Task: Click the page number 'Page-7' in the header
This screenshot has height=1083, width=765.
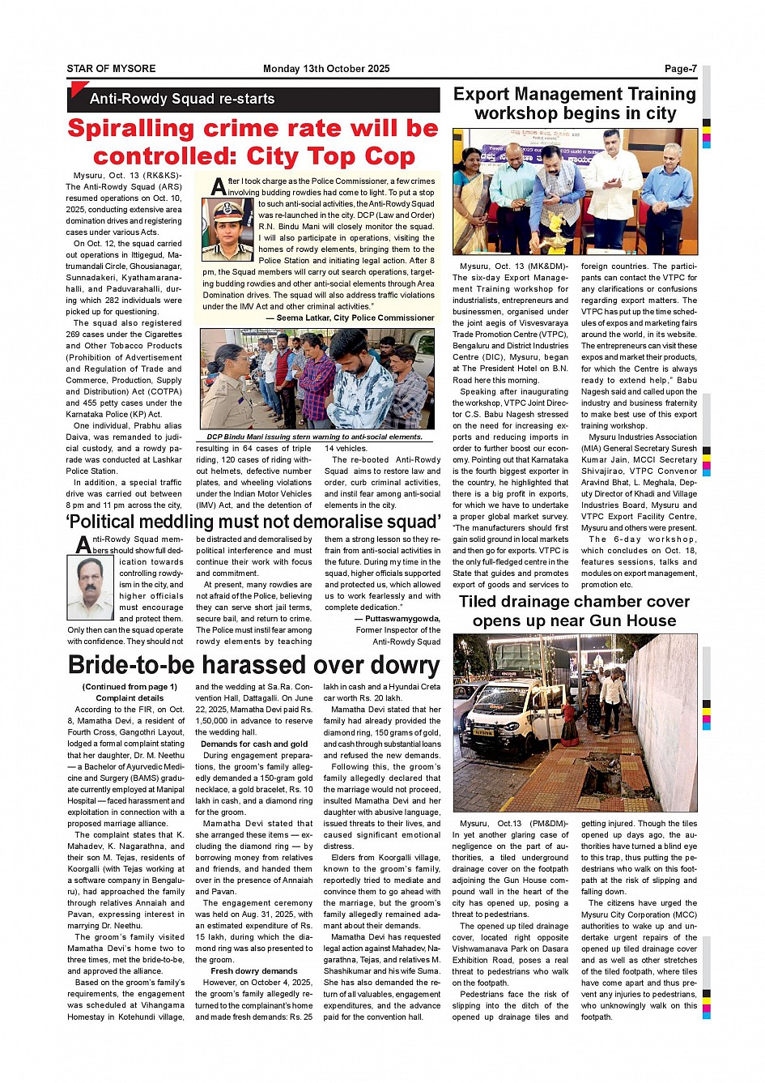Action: click(680, 69)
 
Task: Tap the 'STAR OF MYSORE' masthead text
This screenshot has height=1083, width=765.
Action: click(111, 69)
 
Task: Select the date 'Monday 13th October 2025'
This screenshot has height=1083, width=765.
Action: click(326, 69)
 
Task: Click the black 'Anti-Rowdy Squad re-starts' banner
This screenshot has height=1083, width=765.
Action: click(181, 99)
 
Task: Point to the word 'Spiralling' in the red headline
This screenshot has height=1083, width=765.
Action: click(130, 129)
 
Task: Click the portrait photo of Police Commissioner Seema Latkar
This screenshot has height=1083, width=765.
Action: click(228, 229)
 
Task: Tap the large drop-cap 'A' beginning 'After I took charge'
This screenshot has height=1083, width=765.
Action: click(218, 187)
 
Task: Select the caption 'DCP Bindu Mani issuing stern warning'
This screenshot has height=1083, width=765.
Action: click(314, 437)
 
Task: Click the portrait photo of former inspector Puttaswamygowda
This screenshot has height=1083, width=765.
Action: click(90, 587)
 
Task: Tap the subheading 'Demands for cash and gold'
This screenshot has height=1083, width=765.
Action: click(254, 744)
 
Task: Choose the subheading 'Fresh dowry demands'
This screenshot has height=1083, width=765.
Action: click(254, 970)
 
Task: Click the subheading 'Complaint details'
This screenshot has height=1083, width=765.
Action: click(130, 697)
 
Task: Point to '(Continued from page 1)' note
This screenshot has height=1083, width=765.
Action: click(130, 686)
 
